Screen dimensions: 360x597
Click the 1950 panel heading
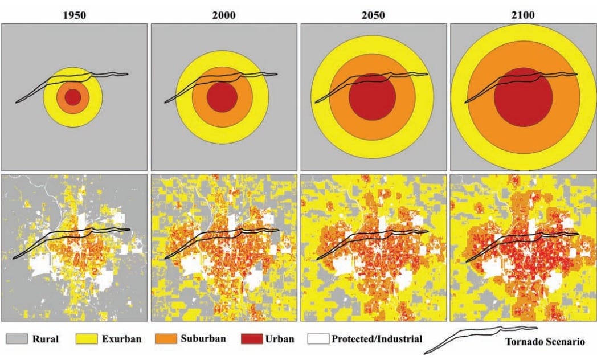(x=75, y=15)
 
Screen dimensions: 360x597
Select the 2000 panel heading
(x=223, y=15)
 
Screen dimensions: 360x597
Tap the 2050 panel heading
(x=373, y=15)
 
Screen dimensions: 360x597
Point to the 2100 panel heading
(x=523, y=15)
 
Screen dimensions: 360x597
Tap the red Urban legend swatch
(x=251, y=339)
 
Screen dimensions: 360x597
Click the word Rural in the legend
(x=46, y=339)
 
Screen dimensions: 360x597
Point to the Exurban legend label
(x=121, y=339)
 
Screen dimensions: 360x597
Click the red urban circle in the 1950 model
(x=72, y=97)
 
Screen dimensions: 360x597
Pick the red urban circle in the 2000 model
(x=222, y=97)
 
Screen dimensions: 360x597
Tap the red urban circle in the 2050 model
(x=372, y=97)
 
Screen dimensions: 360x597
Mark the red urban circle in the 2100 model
(x=523, y=97)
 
